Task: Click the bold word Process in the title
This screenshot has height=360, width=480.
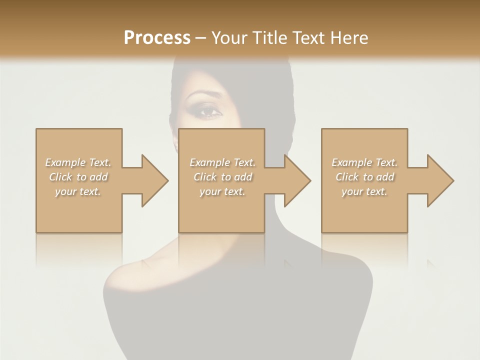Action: point(157,37)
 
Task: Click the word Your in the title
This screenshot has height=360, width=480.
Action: point(230,37)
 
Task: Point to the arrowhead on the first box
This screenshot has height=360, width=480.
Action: point(155,180)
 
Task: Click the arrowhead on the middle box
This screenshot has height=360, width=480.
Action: point(297,180)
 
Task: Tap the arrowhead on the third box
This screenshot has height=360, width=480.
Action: point(440,180)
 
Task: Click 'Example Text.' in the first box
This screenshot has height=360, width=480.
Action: point(78,162)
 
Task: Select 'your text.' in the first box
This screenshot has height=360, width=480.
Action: point(78,191)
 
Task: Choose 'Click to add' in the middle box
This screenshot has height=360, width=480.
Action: point(222,177)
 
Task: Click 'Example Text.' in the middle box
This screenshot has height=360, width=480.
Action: point(222,162)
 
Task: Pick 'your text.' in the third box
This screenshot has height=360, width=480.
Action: point(364,191)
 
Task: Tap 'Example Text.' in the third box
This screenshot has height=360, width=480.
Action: point(364,162)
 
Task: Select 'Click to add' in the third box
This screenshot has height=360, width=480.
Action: point(364,177)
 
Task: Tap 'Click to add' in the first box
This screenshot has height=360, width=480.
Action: point(78,177)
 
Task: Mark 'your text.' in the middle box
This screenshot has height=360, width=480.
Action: point(222,191)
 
